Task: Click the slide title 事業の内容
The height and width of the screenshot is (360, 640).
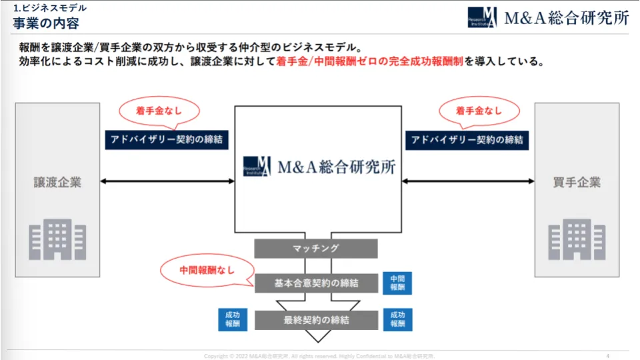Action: pyautogui.click(x=45, y=23)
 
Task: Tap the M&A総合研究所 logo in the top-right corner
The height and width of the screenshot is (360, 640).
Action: pyautogui.click(x=548, y=17)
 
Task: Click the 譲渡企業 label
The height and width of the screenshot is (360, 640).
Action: pyautogui.click(x=57, y=182)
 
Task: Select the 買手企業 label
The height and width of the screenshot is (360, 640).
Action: pyautogui.click(x=577, y=182)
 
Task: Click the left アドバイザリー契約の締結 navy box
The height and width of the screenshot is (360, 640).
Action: pyautogui.click(x=167, y=140)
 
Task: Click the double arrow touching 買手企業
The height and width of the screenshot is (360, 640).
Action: pyautogui.click(x=468, y=181)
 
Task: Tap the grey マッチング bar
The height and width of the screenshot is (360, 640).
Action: pyautogui.click(x=316, y=249)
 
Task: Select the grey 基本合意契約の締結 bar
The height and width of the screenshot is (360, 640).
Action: pyautogui.click(x=316, y=283)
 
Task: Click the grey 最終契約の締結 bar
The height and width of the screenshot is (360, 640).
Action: pyautogui.click(x=316, y=320)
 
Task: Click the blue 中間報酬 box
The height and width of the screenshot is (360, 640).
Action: pyautogui.click(x=397, y=283)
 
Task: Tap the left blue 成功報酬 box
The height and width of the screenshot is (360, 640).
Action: pyautogui.click(x=233, y=319)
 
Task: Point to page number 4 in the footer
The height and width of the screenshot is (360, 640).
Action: pyautogui.click(x=608, y=355)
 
